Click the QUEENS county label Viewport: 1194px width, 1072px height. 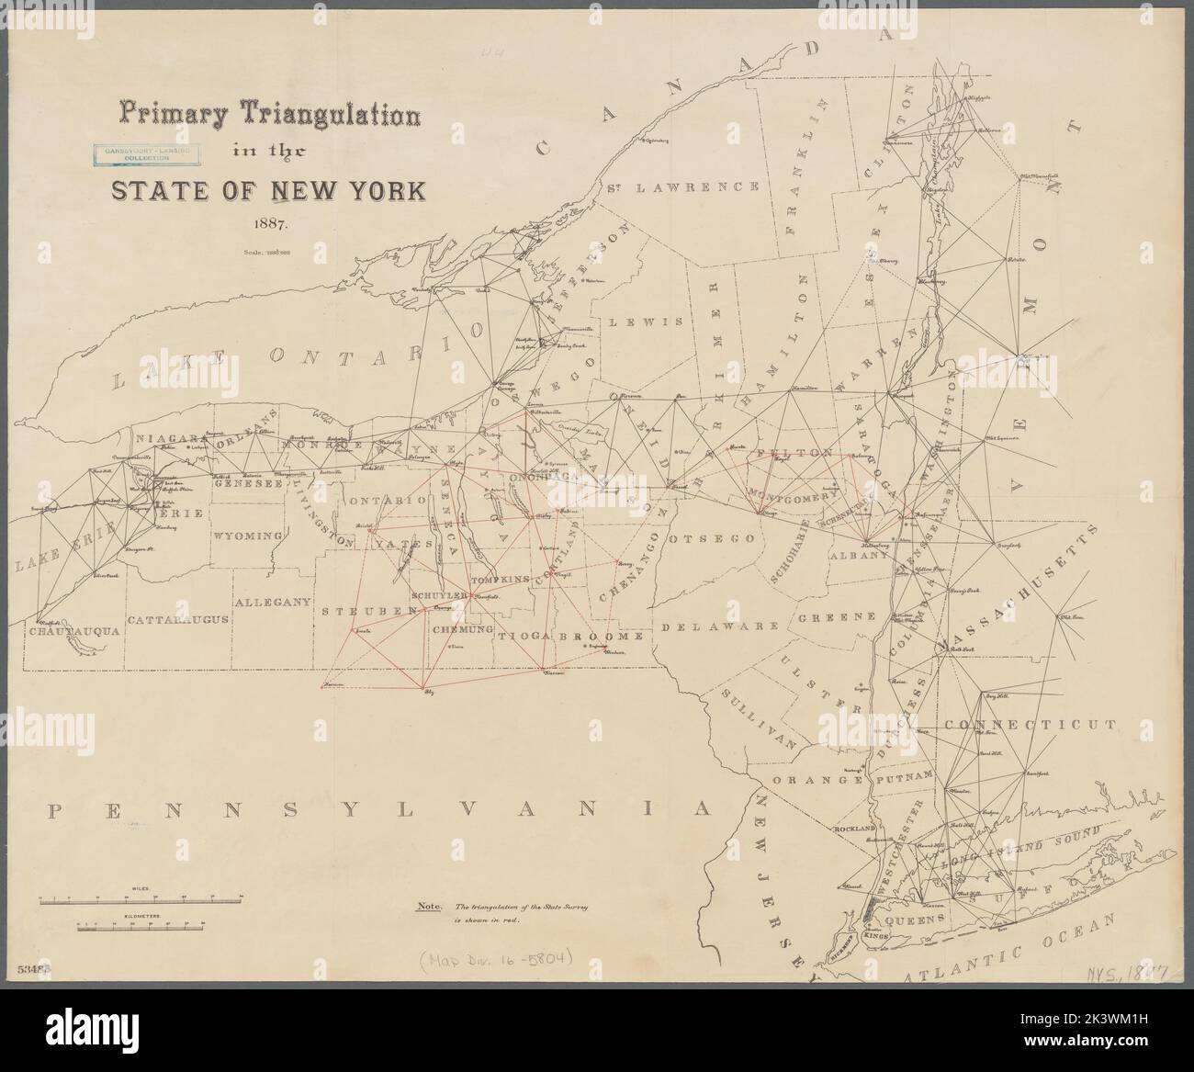pyautogui.click(x=914, y=918)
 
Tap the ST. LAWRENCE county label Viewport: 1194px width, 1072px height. pyautogui.click(x=681, y=186)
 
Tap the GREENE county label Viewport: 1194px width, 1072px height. pyautogui.click(x=836, y=617)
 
